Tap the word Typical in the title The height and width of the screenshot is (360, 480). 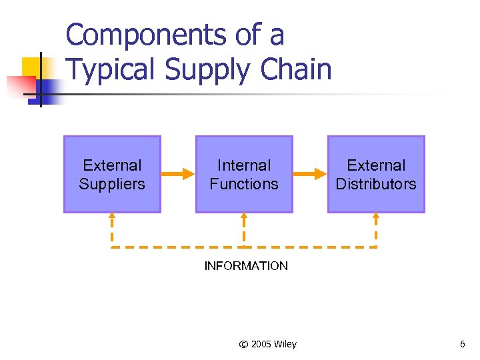click(x=111, y=69)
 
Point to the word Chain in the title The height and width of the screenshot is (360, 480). click(x=297, y=69)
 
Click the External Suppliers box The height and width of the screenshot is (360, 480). click(x=112, y=175)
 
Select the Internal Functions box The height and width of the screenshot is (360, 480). click(x=244, y=175)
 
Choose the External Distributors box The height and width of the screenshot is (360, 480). click(x=376, y=175)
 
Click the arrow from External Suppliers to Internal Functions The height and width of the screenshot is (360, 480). click(x=177, y=175)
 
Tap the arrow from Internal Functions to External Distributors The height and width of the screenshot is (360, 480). click(x=309, y=175)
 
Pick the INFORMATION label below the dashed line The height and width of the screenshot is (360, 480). click(x=246, y=266)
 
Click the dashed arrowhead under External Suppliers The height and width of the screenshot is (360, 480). click(x=112, y=215)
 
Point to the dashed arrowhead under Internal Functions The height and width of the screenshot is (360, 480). click(x=244, y=215)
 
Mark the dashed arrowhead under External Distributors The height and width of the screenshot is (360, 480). click(x=376, y=215)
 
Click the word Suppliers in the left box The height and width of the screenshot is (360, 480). click(x=112, y=184)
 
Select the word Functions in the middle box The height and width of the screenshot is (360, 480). click(x=244, y=184)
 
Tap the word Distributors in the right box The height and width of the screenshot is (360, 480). click(x=376, y=184)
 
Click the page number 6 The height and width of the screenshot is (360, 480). click(x=462, y=344)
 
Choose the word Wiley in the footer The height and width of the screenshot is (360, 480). click(x=285, y=344)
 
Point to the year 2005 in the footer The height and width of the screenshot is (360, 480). click(x=261, y=344)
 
